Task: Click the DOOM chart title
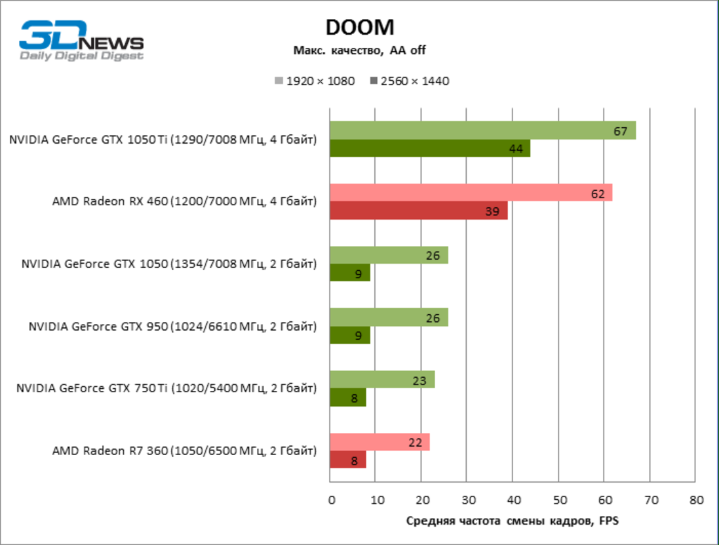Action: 360,27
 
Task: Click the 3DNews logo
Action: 81,41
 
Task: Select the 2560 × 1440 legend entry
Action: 410,81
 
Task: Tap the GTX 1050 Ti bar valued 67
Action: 482,131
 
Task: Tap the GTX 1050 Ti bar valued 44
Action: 429,149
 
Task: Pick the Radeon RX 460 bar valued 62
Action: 471,193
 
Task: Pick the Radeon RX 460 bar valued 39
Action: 418,211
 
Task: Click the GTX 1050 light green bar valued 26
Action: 389,255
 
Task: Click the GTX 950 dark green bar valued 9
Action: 350,335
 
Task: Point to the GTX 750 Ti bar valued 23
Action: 382,380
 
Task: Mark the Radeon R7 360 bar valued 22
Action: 379,442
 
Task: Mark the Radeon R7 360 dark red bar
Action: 347,460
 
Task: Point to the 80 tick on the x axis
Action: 695,500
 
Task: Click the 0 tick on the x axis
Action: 330,500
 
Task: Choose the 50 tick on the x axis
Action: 558,500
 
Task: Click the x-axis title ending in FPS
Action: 512,521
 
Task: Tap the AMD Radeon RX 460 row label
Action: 184,201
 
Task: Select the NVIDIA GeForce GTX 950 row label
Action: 172,326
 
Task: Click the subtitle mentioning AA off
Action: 359,50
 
